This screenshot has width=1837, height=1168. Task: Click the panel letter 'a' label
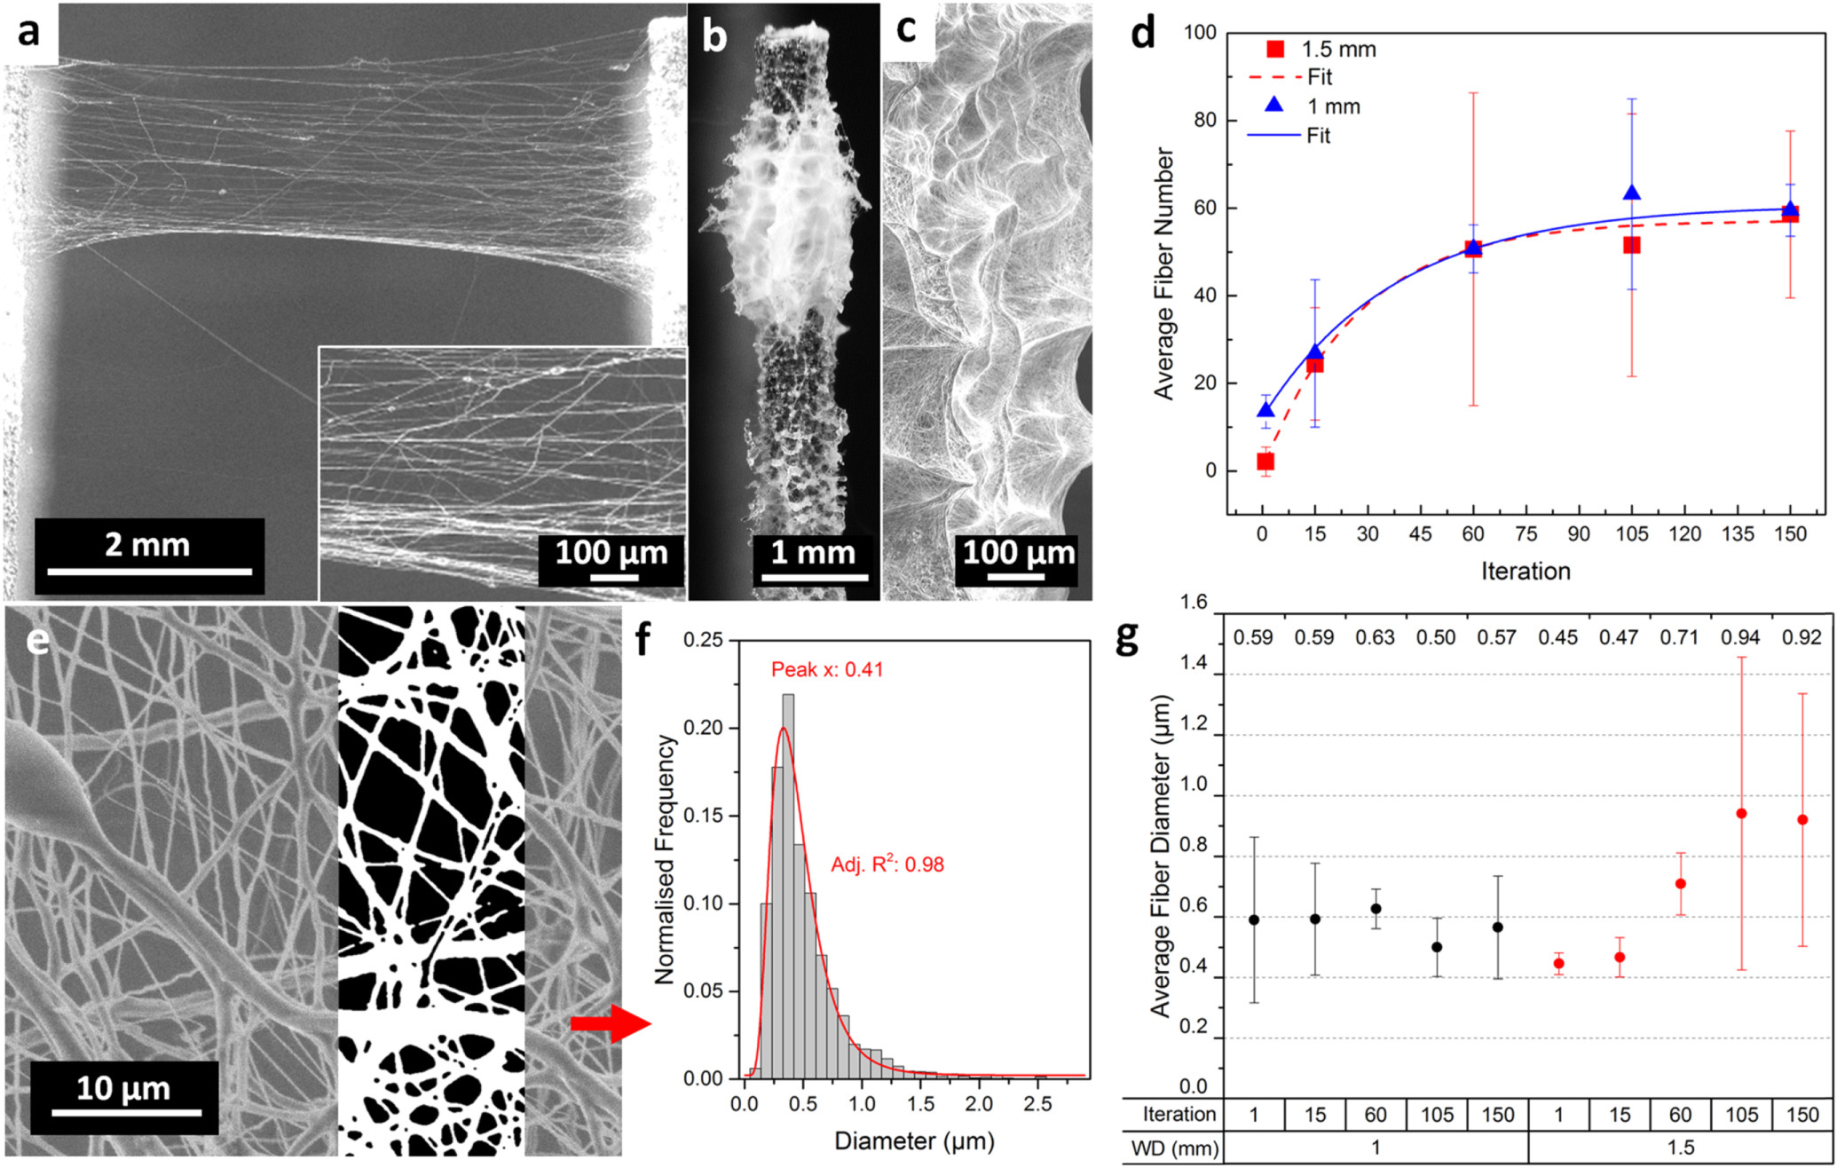(x=29, y=33)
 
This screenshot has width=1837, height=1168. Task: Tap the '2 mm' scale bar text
(x=147, y=544)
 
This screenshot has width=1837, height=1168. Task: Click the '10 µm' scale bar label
(x=122, y=1088)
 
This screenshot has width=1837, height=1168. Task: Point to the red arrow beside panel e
(x=611, y=1024)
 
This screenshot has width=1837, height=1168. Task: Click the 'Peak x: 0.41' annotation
(x=827, y=669)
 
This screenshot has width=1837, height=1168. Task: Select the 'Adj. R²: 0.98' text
(x=887, y=864)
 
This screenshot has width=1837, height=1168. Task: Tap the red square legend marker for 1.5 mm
(x=1275, y=50)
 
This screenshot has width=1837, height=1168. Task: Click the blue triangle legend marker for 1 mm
(x=1274, y=105)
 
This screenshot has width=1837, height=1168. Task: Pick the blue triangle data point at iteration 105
(x=1631, y=193)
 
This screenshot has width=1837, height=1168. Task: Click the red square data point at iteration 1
(x=1265, y=462)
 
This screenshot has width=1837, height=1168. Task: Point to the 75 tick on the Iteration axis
(x=1526, y=533)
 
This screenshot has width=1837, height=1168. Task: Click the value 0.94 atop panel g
(x=1741, y=637)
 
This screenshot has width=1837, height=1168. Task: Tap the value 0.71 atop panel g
(x=1679, y=637)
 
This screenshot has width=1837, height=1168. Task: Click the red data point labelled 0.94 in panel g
(x=1741, y=814)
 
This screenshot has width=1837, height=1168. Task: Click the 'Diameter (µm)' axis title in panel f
(x=914, y=1140)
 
